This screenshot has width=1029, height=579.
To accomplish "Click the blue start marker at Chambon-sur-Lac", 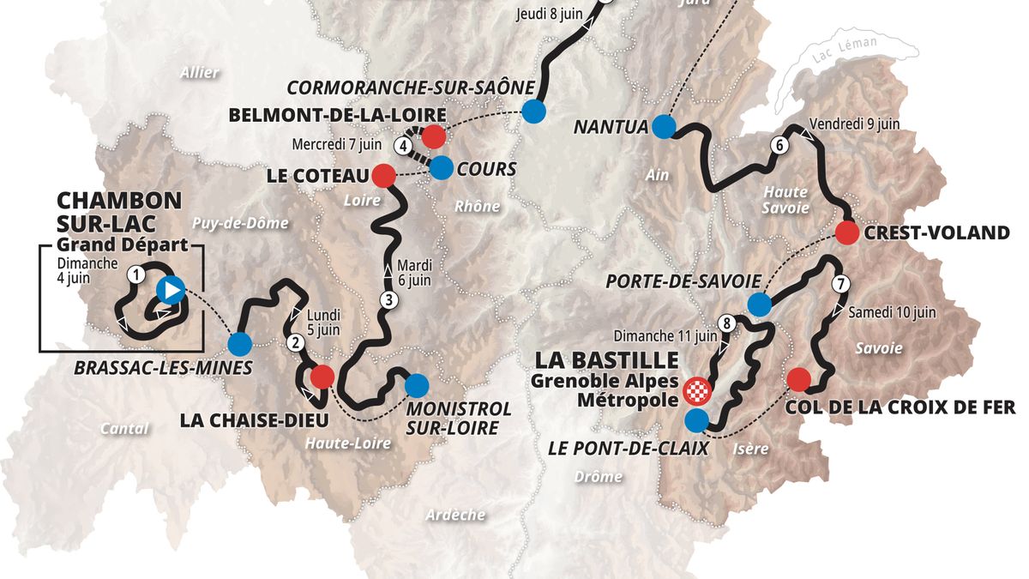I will (171, 290).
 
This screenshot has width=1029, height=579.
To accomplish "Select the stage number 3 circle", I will (388, 300).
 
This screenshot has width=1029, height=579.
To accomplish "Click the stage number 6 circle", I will (778, 145).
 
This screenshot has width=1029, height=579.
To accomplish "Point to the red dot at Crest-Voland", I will (847, 232).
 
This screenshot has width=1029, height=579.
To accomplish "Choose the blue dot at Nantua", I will (662, 127).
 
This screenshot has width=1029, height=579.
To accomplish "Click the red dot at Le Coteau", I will (382, 176).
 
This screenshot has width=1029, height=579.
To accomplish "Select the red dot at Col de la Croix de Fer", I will (798, 379).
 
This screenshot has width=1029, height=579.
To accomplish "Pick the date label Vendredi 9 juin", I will (853, 124).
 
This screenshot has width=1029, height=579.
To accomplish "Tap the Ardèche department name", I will (454, 515).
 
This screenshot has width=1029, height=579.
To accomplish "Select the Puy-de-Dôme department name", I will (240, 223).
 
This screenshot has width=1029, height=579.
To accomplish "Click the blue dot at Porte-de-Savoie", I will (759, 304).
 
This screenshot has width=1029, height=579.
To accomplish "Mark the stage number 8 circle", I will (727, 323).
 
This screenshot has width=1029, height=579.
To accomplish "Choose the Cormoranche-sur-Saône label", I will (411, 88).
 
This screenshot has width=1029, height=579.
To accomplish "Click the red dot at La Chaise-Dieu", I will (322, 376).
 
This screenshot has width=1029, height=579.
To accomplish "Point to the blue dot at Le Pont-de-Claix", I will (697, 420).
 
